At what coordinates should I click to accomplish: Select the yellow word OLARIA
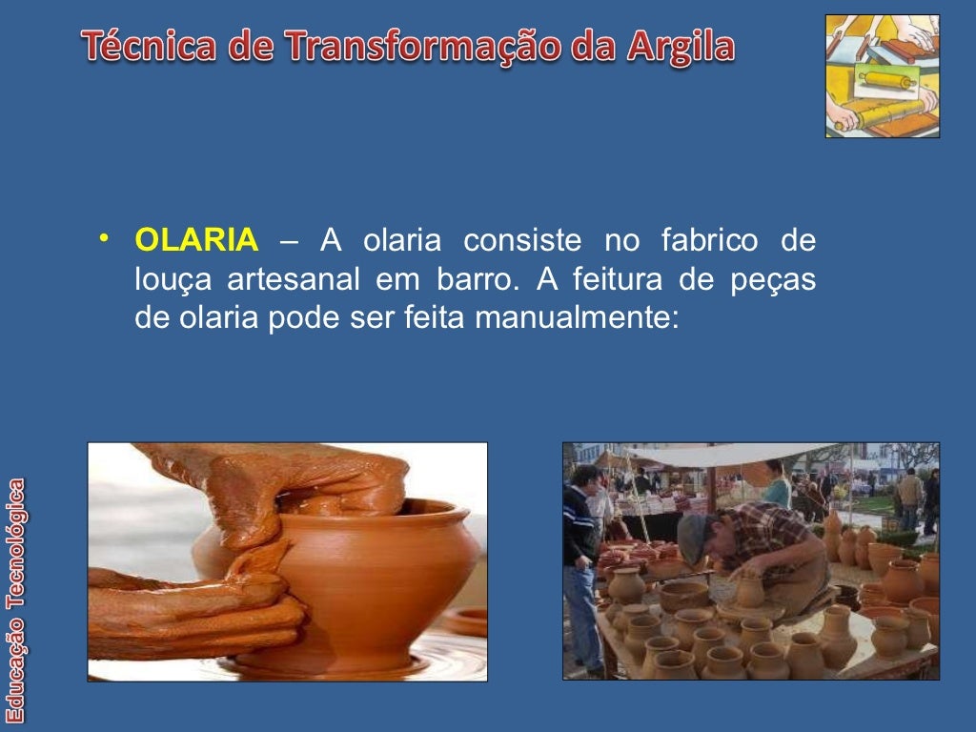tap(196, 241)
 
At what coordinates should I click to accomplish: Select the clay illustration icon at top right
tap(882, 76)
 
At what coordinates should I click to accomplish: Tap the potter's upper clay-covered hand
tap(286, 481)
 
